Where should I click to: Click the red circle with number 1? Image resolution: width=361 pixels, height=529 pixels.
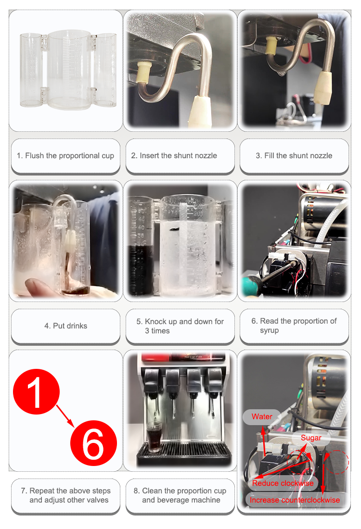(x=36, y=391)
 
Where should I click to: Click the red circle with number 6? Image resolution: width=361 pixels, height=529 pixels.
(x=93, y=443)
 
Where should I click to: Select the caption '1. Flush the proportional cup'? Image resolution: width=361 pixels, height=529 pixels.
(x=65, y=155)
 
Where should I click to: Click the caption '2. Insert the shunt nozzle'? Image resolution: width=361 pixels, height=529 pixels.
(x=174, y=155)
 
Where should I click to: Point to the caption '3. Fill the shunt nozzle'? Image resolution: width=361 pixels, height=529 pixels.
(x=294, y=155)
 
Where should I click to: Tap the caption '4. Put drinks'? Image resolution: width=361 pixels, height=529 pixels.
(x=65, y=326)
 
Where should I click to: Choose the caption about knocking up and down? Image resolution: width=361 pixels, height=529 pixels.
(x=180, y=326)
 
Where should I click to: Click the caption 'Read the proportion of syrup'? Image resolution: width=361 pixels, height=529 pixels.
(x=294, y=326)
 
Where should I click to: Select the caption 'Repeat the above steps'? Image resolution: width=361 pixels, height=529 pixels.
(x=65, y=495)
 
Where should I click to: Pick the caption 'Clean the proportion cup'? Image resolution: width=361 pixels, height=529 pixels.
(x=180, y=495)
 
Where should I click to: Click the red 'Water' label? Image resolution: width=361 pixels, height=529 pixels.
(x=262, y=416)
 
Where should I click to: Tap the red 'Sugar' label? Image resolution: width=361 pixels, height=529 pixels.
(x=311, y=438)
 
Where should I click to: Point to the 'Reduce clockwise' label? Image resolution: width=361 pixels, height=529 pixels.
(x=283, y=483)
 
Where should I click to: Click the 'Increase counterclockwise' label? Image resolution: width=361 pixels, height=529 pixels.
(x=295, y=500)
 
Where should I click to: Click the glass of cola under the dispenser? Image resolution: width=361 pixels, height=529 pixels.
(x=154, y=437)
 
